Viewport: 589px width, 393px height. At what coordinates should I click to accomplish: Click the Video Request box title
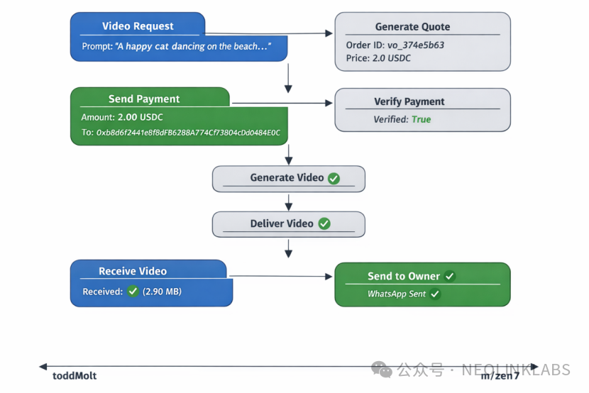coord(138,26)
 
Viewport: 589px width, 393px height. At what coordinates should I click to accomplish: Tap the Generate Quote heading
coord(412,27)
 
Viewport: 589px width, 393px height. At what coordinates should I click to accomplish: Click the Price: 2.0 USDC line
coord(378,58)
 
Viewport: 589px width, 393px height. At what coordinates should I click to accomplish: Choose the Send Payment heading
coord(144,99)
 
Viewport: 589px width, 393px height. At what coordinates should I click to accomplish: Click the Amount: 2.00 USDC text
coord(122,117)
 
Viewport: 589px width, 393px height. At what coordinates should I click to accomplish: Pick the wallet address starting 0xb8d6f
coord(181,133)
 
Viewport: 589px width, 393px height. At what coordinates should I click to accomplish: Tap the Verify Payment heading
coord(409,101)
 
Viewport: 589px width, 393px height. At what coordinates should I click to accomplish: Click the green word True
coord(421,119)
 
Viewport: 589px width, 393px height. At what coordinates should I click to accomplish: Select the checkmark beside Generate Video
coord(334,178)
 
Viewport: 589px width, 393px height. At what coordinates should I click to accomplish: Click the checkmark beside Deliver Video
coord(324,223)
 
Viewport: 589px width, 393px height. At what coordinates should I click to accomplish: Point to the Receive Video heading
coord(133,271)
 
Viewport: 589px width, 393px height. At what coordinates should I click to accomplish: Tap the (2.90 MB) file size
coord(162,292)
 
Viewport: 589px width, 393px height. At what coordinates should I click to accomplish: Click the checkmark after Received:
coord(133,292)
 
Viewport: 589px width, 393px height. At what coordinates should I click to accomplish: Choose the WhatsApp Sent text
coord(397,294)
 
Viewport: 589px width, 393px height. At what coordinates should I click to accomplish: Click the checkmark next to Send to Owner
coord(450,276)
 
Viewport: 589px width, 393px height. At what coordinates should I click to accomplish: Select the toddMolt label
coord(75,376)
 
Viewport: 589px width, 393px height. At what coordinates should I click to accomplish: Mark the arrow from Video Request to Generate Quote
coord(270,33)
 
